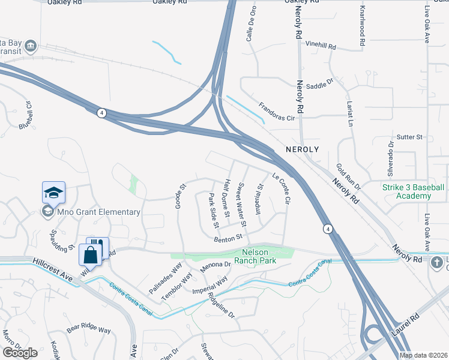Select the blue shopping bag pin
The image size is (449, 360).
click(90, 255)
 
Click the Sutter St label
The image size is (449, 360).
click(410, 137)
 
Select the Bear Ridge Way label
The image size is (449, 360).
click(89, 329)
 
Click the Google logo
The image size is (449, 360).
click(20, 352)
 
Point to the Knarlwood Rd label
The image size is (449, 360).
click(362, 27)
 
